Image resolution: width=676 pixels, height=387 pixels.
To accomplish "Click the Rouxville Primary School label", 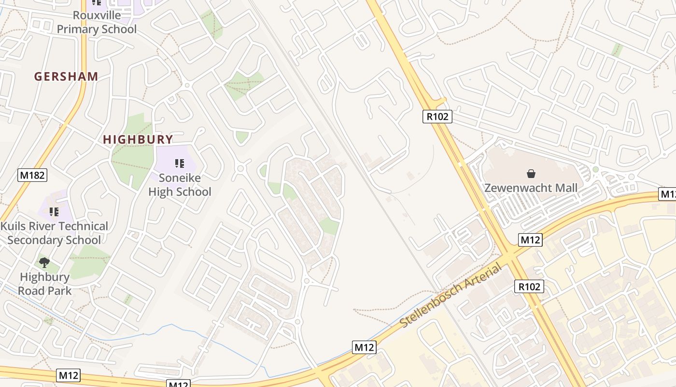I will click(x=97, y=22).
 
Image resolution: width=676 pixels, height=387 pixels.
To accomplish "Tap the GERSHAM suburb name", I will click(x=66, y=76).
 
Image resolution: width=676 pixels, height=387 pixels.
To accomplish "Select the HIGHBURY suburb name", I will click(x=138, y=140).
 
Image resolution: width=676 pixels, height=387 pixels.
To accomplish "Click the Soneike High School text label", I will click(x=180, y=185).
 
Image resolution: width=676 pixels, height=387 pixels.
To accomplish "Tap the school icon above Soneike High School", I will click(x=180, y=164).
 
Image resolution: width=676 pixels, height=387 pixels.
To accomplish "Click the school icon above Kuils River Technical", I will click(x=54, y=211).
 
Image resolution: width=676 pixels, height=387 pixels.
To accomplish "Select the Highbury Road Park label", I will click(x=44, y=284).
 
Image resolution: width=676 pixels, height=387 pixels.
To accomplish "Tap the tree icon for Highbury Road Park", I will click(x=44, y=263).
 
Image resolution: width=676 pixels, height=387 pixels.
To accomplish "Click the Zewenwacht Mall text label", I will click(x=531, y=188).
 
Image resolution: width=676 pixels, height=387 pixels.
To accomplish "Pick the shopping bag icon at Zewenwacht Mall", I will click(x=531, y=173).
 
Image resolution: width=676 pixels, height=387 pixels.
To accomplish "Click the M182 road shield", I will click(x=33, y=175).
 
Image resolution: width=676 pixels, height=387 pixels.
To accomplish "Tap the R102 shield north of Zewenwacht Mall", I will click(x=437, y=116).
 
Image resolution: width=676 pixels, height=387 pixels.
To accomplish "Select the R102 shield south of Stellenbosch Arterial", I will click(x=529, y=286).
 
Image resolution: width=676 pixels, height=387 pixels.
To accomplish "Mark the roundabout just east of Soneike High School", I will click(x=240, y=168).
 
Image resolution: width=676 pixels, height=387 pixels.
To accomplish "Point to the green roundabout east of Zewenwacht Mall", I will click(x=595, y=169).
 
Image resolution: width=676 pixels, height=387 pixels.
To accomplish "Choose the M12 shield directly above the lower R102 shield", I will click(x=530, y=239).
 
